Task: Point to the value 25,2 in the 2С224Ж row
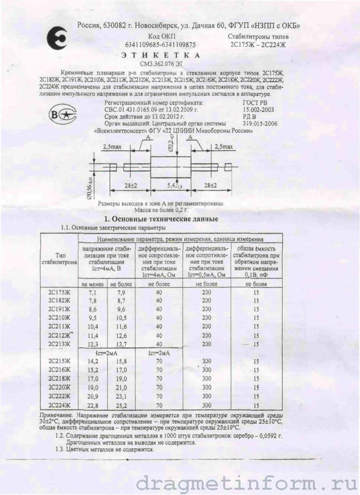[121, 405]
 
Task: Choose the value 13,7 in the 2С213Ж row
[121, 344]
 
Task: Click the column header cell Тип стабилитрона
[59, 259]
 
